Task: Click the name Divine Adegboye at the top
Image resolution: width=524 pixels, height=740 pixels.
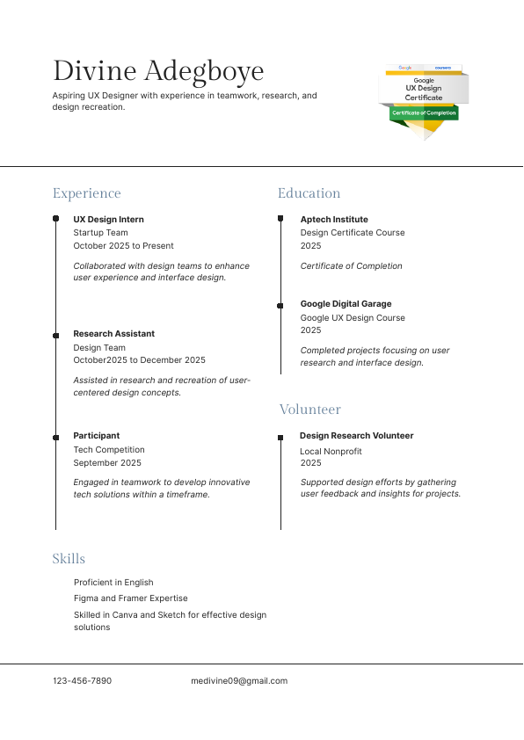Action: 158,70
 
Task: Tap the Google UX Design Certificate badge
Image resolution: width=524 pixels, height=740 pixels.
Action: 424,98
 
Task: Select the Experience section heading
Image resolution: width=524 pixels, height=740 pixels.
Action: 86,193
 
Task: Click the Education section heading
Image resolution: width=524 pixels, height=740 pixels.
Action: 309,193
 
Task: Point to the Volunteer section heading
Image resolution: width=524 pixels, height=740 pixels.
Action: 309,410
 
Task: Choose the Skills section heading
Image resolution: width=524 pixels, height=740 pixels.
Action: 69,559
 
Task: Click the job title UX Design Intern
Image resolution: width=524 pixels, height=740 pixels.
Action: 108,220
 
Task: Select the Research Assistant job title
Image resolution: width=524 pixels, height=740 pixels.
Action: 113,334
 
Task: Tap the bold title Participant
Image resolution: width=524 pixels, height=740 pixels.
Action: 96,436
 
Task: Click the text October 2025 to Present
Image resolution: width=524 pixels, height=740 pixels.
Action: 123,246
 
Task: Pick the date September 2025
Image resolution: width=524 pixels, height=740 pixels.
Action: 107,462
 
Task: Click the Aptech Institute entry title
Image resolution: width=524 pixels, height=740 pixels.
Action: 334,220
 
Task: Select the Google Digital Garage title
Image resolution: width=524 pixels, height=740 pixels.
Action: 346,304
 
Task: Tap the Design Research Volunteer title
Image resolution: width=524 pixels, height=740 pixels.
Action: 356,436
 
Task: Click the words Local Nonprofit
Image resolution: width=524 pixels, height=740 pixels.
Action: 331,452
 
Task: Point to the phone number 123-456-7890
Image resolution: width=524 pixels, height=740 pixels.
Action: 82,681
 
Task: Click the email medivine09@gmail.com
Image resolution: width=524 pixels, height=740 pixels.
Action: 239,681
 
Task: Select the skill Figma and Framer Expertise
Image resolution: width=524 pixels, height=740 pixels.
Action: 130,599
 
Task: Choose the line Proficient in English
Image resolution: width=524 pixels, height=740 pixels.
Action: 113,583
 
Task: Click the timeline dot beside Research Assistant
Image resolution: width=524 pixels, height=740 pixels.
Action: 55,335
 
